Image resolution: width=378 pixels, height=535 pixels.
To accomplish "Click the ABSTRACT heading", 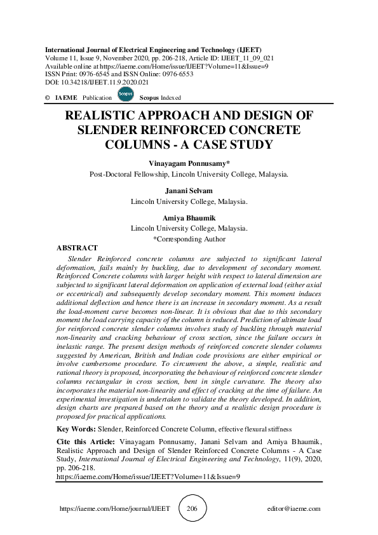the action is [77, 248].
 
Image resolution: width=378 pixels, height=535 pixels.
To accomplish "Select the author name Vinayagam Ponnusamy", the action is [188, 163].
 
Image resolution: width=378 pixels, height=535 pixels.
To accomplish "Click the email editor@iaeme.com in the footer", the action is [294, 509].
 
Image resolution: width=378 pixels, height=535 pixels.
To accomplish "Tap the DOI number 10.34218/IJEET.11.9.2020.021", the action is [105, 82].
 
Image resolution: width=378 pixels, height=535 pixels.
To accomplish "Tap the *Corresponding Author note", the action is [189, 239].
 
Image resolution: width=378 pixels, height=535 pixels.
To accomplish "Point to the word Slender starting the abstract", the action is [79, 260].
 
